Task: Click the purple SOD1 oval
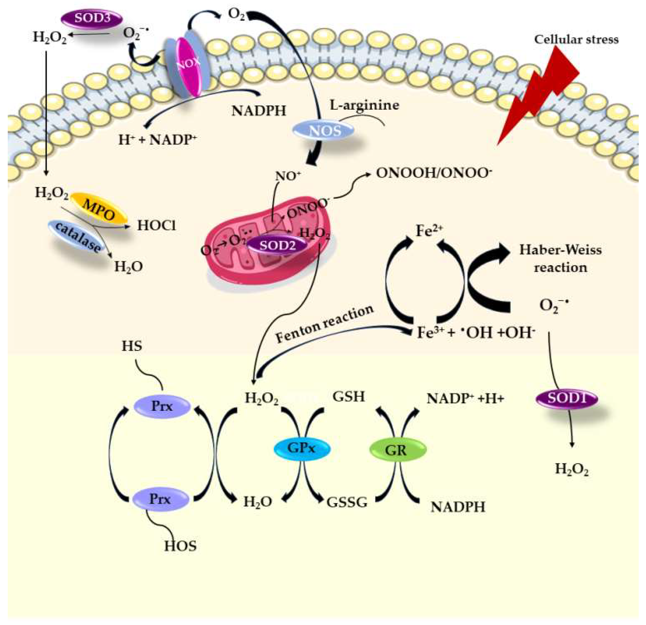(567, 399)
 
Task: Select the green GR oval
(398, 449)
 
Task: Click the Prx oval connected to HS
(162, 406)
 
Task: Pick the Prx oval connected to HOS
(161, 499)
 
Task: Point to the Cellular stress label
(576, 40)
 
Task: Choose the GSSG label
(347, 502)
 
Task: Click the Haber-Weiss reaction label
(560, 258)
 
